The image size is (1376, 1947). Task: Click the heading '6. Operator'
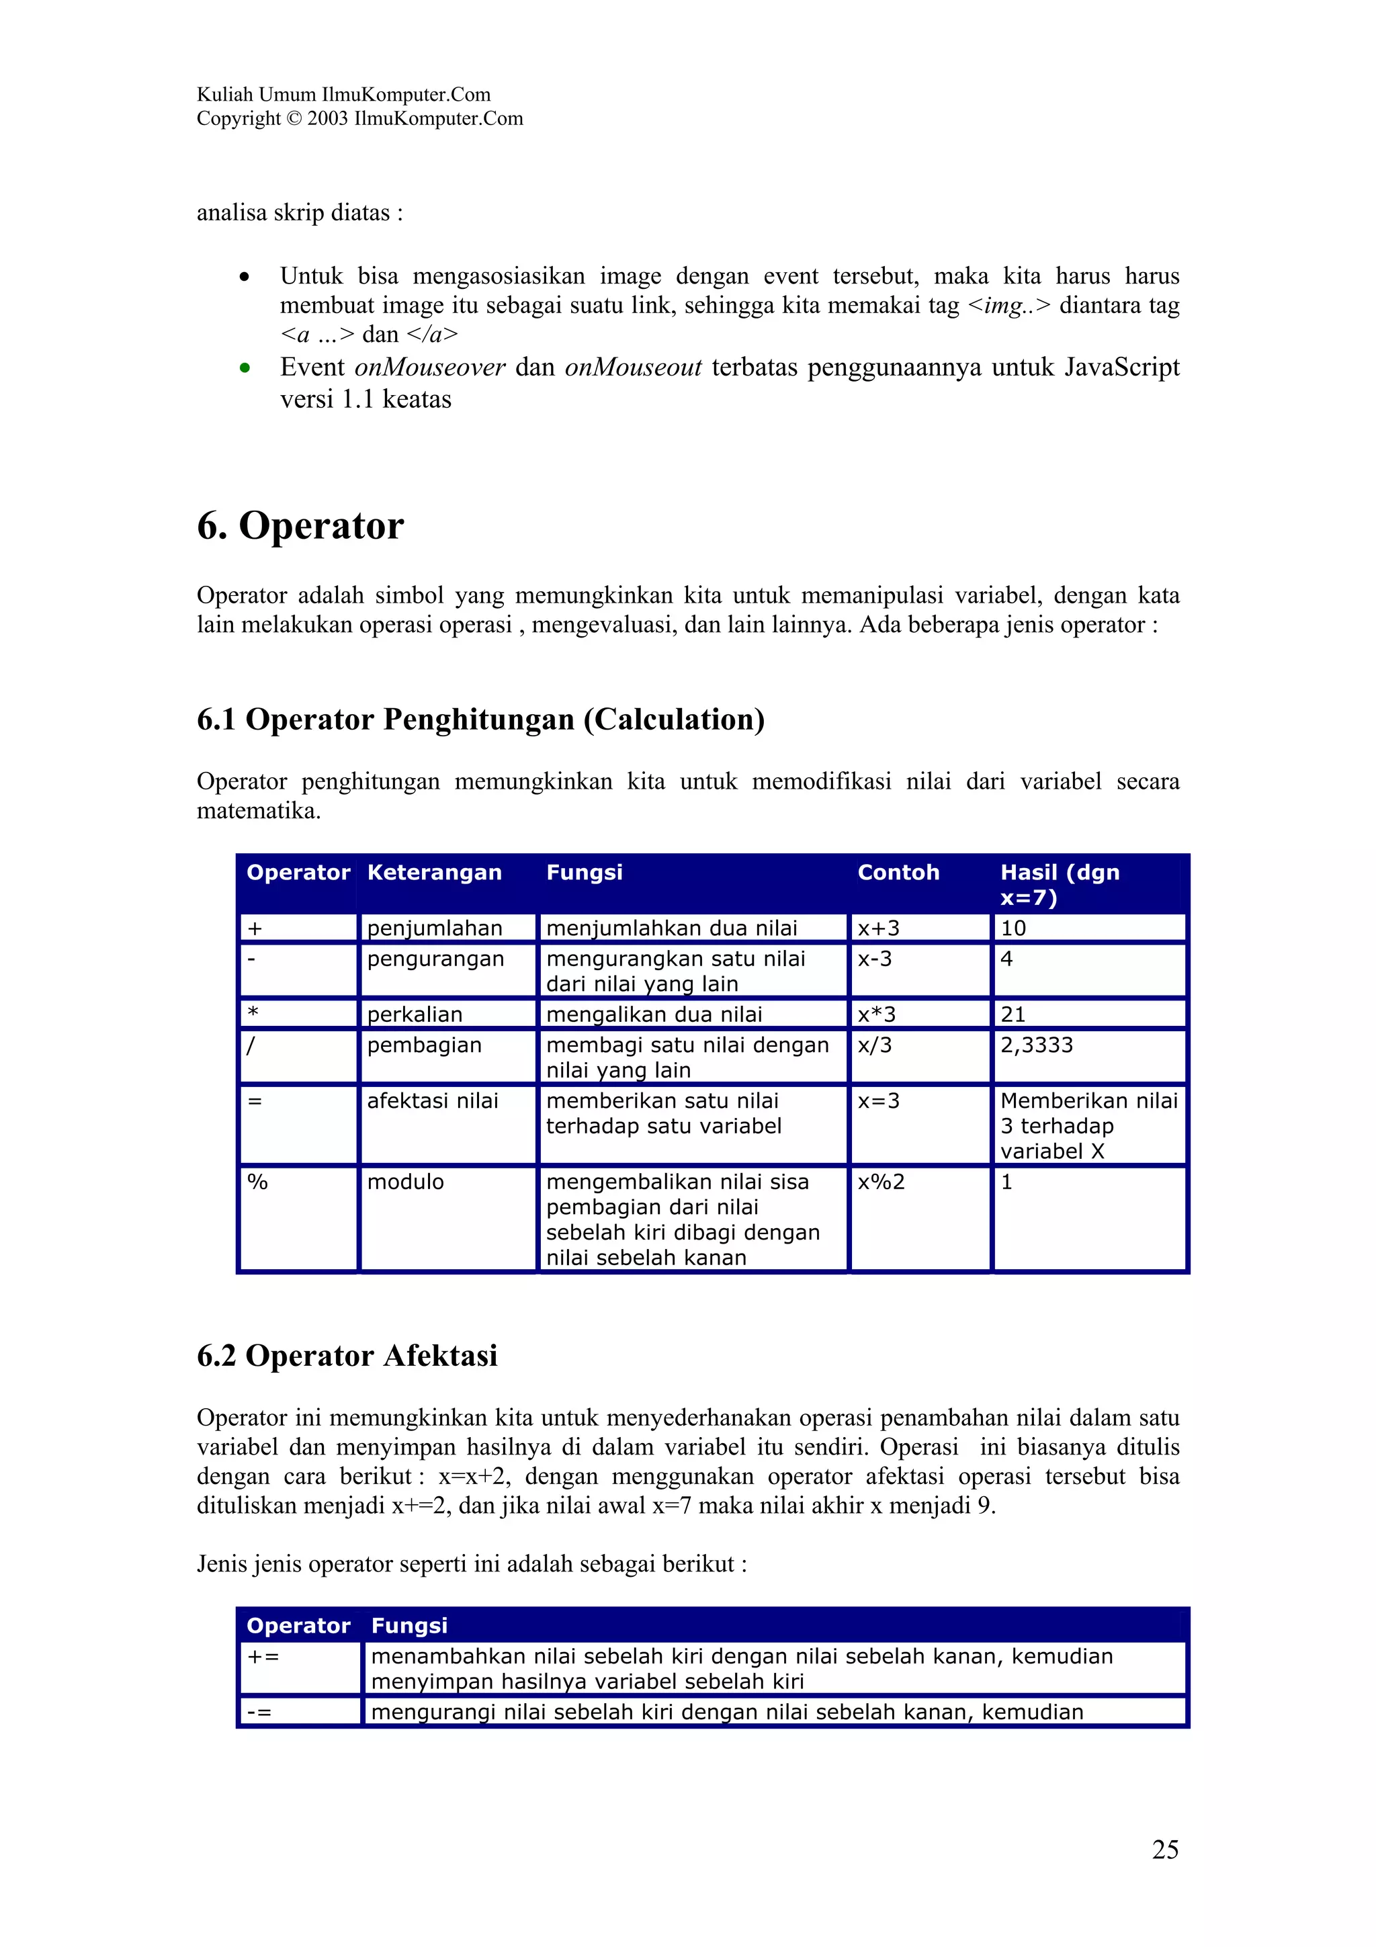[x=300, y=526]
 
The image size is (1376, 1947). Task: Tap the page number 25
[x=1164, y=1850]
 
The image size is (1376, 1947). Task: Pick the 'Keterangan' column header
[x=434, y=873]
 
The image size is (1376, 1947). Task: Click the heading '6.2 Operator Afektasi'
[x=347, y=1356]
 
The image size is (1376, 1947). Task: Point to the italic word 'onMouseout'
[x=632, y=367]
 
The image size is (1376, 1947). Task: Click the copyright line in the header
[x=359, y=119]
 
